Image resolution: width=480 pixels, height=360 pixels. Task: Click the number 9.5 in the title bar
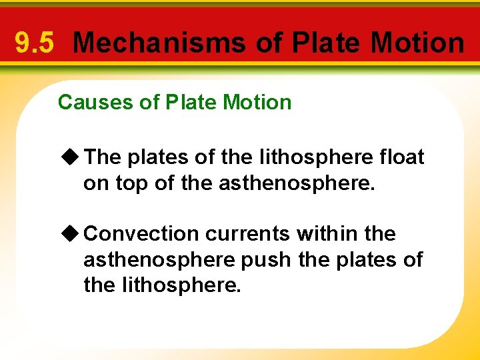tap(34, 43)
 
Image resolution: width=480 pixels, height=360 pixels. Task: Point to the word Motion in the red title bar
tap(417, 43)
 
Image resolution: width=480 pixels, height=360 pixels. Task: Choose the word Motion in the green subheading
tap(257, 103)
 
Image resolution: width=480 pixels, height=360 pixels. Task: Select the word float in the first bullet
tap(400, 157)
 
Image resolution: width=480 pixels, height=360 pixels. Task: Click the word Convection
tap(142, 234)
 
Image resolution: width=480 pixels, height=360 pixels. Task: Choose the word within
tap(326, 234)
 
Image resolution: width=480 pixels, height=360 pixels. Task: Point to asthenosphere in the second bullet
tap(159, 260)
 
